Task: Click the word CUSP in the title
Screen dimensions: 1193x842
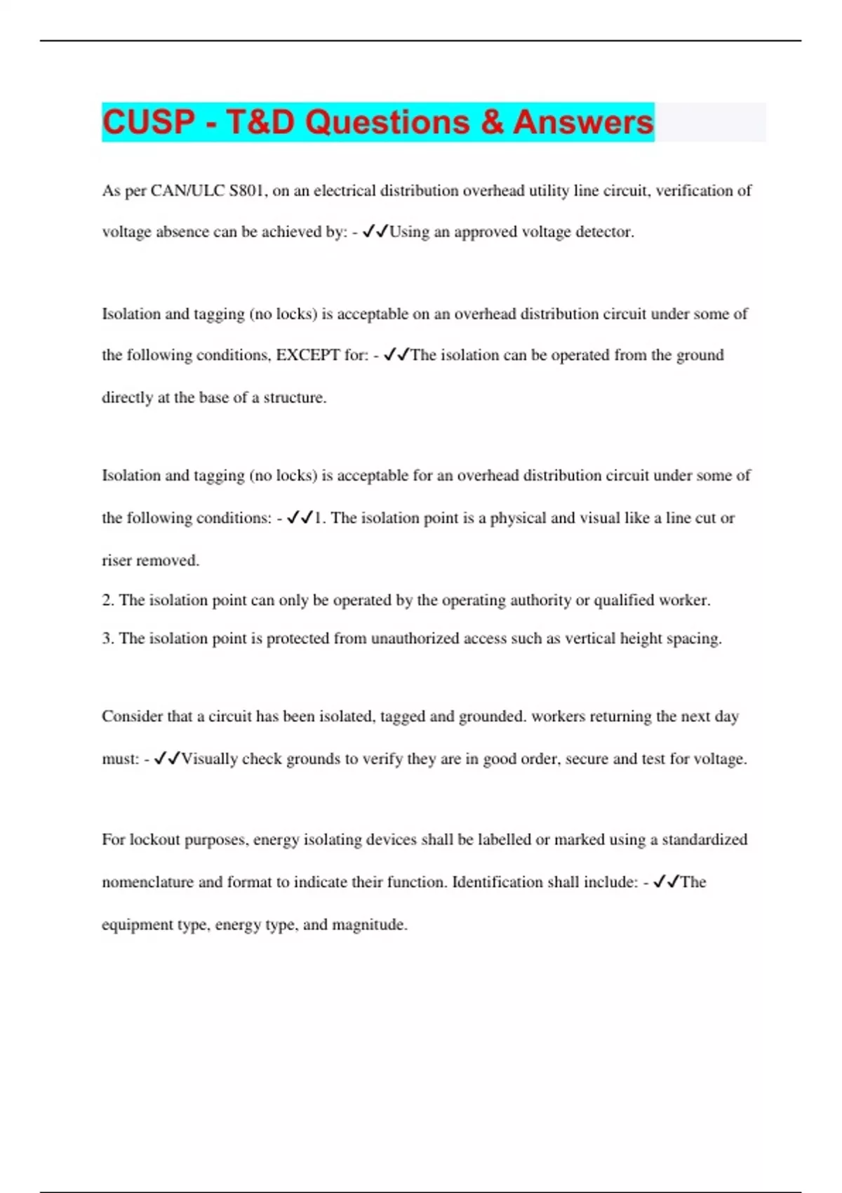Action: pos(149,122)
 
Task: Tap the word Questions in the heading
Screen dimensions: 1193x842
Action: pos(387,122)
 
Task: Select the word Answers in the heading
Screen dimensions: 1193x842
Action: pos(583,122)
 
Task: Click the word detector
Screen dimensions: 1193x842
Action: pos(605,232)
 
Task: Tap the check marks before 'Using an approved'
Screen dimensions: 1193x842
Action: pos(375,232)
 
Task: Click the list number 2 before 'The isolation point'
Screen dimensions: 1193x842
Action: pos(107,601)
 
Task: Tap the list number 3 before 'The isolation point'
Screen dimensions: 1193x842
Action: pos(107,639)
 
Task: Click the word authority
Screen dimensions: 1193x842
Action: pos(540,601)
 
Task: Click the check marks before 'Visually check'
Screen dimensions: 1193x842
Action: pos(167,759)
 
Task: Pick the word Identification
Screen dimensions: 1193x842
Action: pos(496,882)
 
